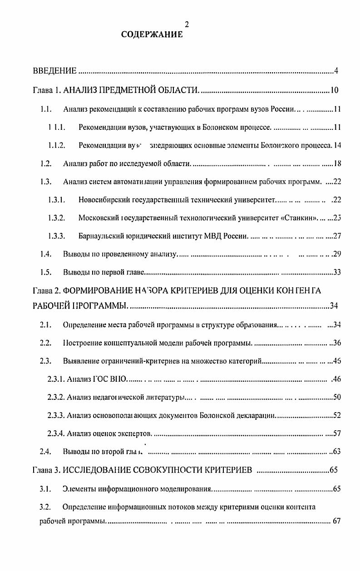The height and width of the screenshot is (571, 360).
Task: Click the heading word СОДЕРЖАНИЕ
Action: (152, 34)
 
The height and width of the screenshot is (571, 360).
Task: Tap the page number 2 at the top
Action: (187, 25)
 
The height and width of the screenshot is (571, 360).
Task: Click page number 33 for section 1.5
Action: (337, 272)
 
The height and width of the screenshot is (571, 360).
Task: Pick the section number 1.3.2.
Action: (57, 217)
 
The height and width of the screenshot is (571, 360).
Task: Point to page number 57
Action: (337, 433)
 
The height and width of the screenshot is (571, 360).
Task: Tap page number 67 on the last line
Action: (336, 521)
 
